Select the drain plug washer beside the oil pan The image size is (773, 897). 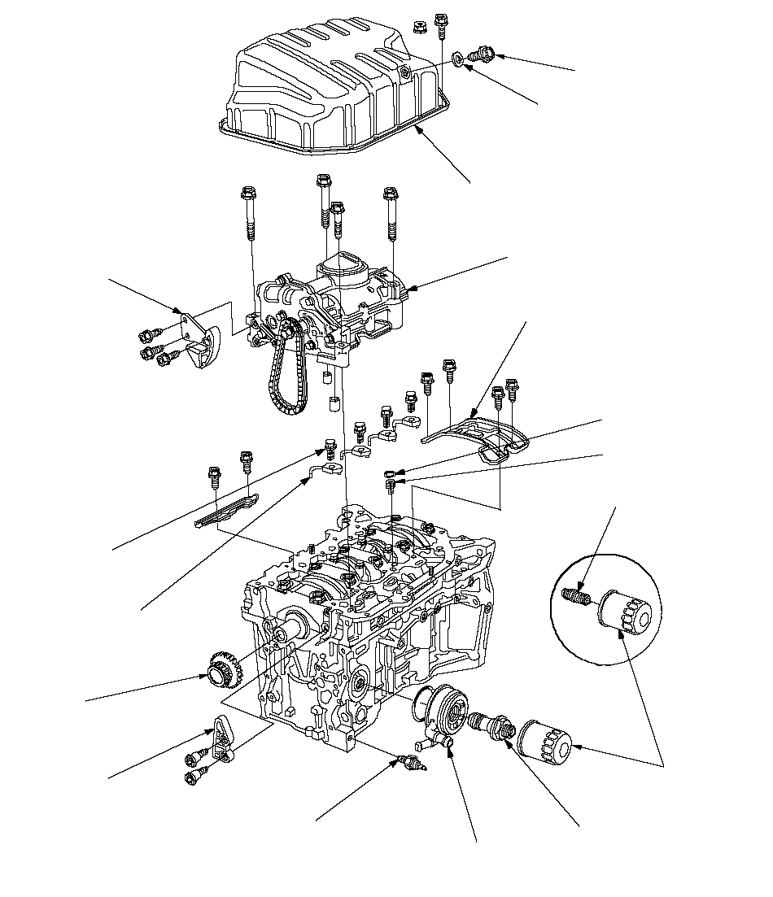[x=459, y=59]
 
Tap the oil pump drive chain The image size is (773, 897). [x=281, y=374]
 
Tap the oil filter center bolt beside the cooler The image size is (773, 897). [x=488, y=723]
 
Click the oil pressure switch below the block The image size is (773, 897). [x=409, y=762]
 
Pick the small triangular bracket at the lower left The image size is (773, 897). [x=222, y=737]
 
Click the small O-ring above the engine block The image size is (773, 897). [x=391, y=473]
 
